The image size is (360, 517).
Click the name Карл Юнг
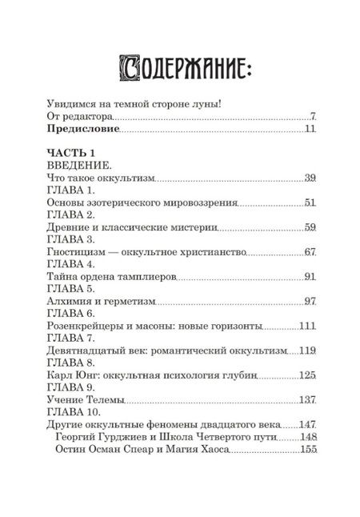pos(62,374)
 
